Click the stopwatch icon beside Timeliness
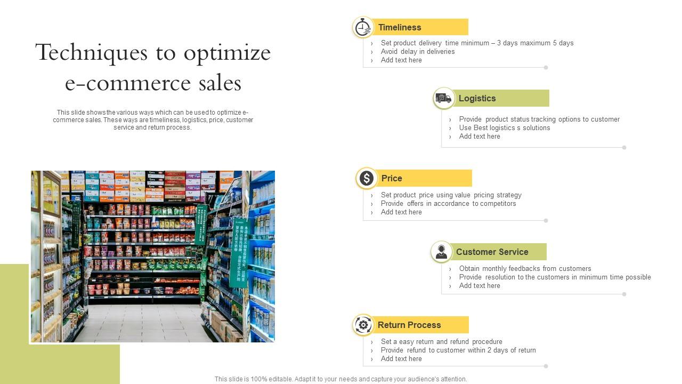pos(363,27)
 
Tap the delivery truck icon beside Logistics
pos(443,98)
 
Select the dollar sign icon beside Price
pos(367,178)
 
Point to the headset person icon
pos(441,252)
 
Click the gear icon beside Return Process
pos(363,325)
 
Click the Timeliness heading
pos(400,27)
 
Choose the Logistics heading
pos(477,98)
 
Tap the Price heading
pos(392,178)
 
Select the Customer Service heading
pos(492,252)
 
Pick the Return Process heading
pos(409,325)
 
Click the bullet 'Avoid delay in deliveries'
pos(418,52)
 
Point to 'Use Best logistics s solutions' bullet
pos(505,128)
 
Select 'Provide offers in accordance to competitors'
pos(448,204)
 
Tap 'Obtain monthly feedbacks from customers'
pos(525,269)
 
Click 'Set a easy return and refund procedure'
pos(441,342)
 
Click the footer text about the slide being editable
pos(340,379)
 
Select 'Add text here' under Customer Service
pos(480,286)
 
